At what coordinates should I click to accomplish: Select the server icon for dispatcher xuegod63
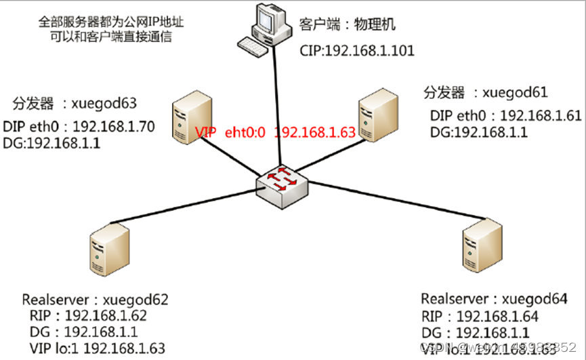187,116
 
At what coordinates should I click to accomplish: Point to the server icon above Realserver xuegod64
480,243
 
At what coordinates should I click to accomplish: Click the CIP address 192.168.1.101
369,51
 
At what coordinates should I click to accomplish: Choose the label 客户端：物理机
347,26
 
